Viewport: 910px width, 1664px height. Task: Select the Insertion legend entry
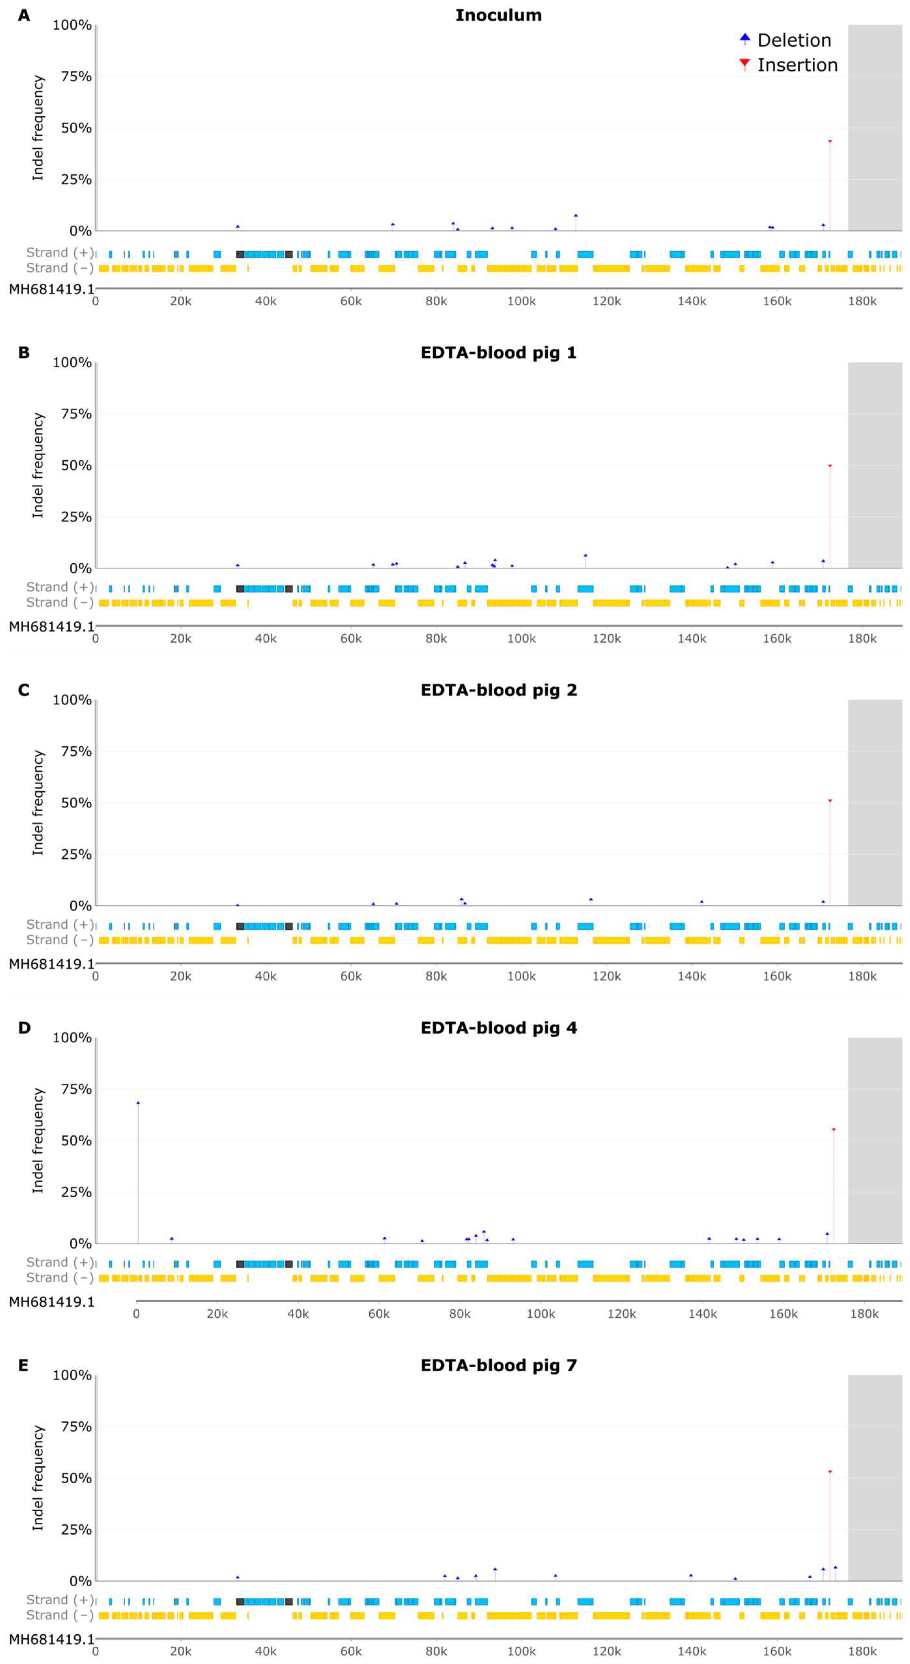788,65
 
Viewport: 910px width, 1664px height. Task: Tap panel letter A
24,15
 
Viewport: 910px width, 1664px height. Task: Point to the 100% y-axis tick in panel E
72,1375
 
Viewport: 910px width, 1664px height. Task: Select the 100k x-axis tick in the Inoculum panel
521,302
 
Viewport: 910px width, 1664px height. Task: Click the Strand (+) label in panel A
59,253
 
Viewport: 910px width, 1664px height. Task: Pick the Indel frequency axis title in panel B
38,465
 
